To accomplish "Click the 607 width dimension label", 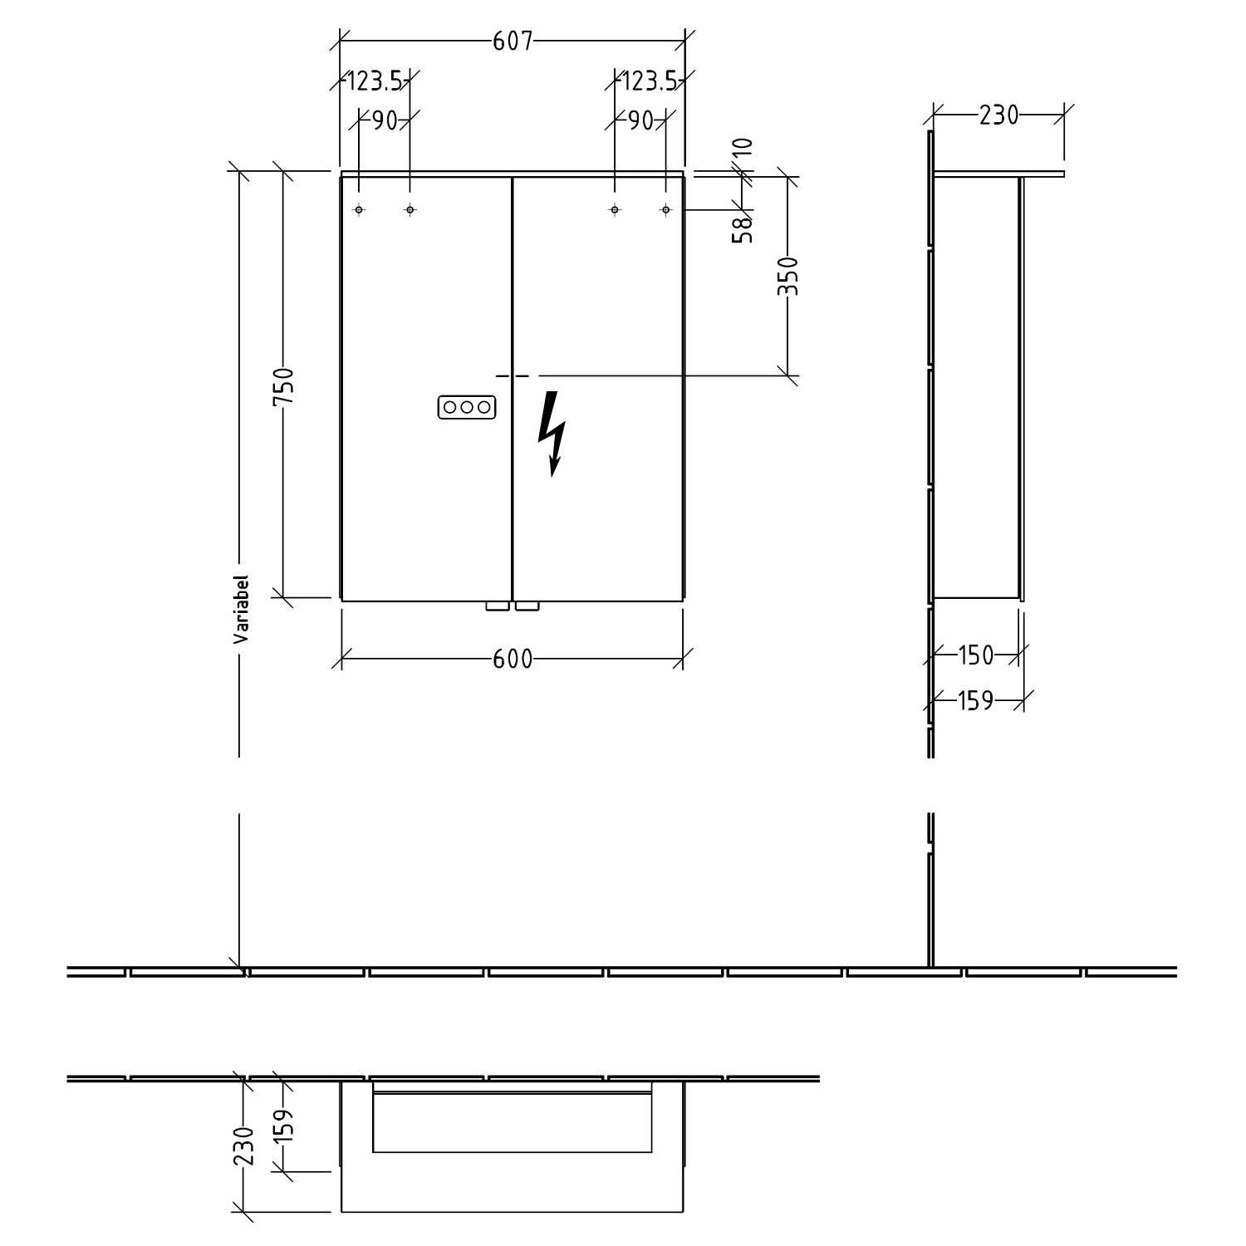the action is click(513, 42).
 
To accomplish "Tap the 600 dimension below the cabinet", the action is click(513, 659).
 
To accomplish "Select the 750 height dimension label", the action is click(284, 386).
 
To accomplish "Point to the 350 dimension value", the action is click(787, 277).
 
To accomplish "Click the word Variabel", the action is click(241, 610).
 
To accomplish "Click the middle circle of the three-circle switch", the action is click(467, 408).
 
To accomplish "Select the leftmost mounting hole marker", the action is click(359, 210).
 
